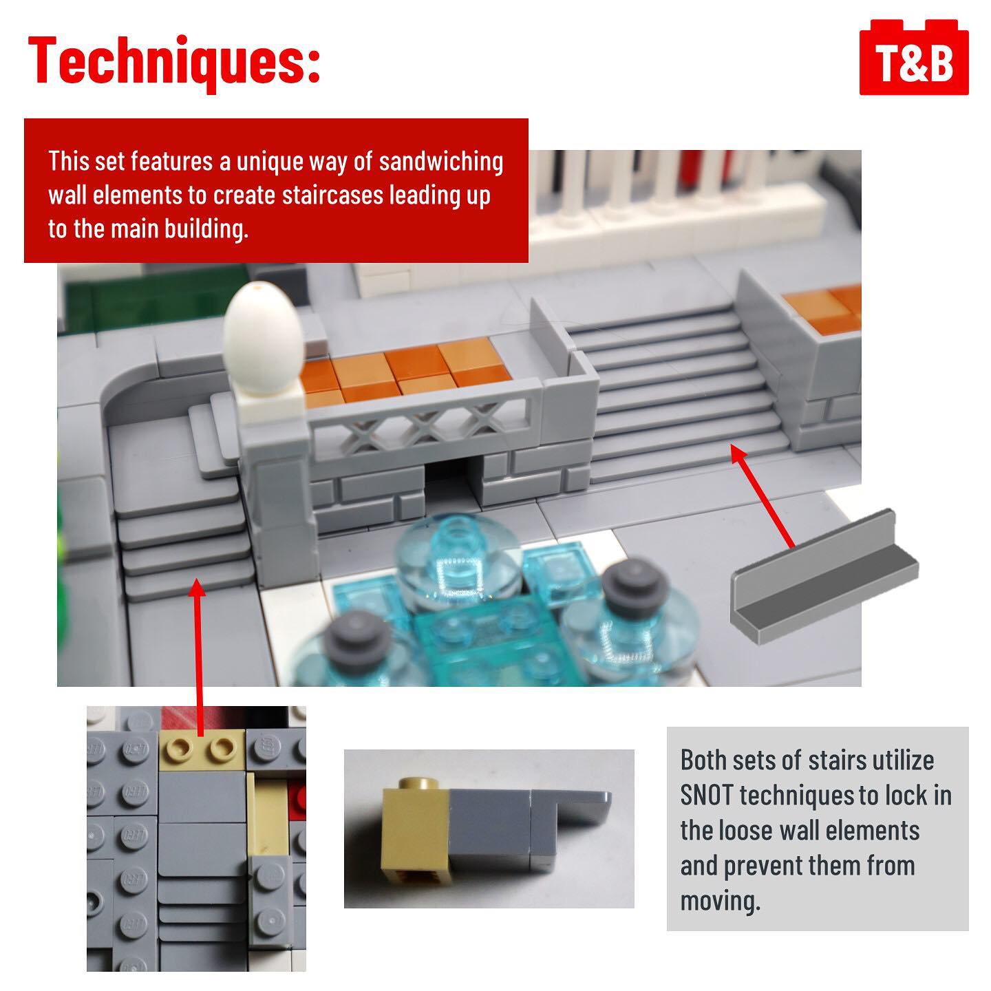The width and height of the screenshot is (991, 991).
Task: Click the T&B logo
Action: [913, 57]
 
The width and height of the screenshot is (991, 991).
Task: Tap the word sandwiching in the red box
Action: [440, 162]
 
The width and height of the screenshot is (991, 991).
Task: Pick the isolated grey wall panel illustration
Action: [824, 577]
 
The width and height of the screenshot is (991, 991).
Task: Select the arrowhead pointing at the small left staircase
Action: [196, 587]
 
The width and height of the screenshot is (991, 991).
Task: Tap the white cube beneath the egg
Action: [272, 406]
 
